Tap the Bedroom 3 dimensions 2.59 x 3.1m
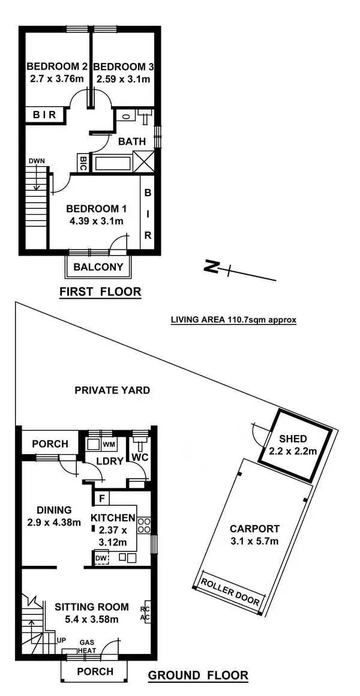point(121,79)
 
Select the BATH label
point(132,142)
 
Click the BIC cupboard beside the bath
point(83,163)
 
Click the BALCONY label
point(98,267)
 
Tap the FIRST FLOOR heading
point(100,292)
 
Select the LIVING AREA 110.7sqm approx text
point(233,320)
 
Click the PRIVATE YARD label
point(112,390)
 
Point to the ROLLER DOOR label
point(230,592)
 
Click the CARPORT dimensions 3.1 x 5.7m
point(254,541)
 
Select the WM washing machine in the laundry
point(109,444)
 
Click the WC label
point(140,457)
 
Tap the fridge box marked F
point(103,498)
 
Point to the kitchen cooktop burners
point(144,526)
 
